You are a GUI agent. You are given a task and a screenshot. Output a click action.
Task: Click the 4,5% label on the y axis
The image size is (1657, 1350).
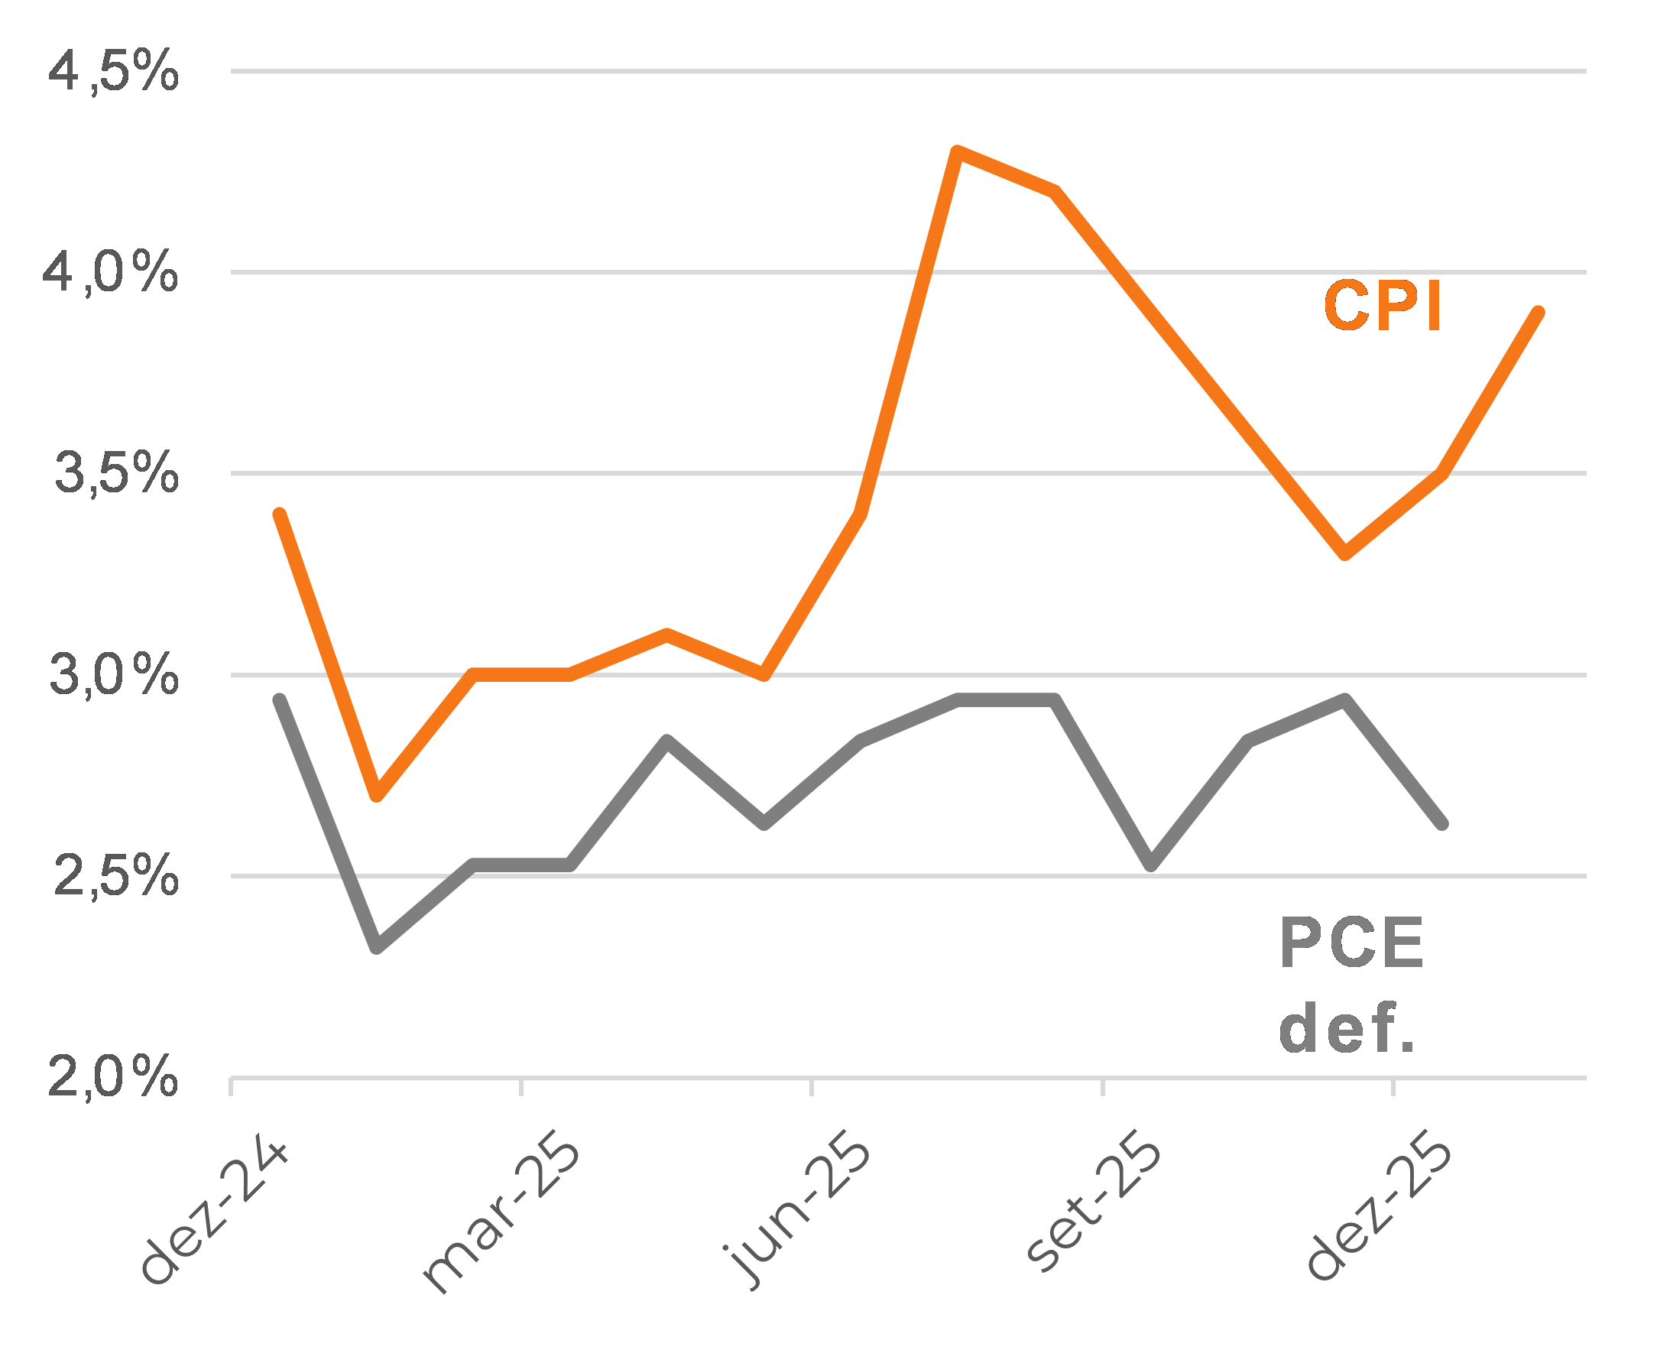tap(114, 73)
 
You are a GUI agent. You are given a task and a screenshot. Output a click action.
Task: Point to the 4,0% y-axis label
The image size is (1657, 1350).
tap(110, 274)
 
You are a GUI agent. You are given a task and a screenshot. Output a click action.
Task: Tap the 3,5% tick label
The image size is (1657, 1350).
tap(117, 474)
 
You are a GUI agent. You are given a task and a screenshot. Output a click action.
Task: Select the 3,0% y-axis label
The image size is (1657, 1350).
tap(114, 675)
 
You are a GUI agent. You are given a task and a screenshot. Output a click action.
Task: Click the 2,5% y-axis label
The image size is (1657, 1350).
tap(116, 876)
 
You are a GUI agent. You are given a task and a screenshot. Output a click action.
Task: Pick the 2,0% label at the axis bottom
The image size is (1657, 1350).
tap(113, 1078)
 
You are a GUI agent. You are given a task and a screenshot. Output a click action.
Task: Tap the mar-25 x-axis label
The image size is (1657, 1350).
tap(501, 1217)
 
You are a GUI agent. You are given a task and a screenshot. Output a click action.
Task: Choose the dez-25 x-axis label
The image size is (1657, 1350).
tap(1379, 1213)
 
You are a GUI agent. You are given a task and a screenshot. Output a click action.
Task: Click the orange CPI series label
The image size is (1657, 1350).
tap(1383, 307)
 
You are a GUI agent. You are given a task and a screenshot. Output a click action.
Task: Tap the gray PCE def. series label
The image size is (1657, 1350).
tap(1351, 985)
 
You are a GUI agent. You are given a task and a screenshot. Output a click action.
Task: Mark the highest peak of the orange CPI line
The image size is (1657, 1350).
tap(958, 151)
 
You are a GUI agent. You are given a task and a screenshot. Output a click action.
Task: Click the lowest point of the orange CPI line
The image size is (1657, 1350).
tap(377, 796)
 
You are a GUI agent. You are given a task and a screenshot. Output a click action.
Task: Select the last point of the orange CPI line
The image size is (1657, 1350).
tap(1538, 313)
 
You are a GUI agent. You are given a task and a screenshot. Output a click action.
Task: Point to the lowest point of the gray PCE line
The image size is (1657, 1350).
tap(377, 947)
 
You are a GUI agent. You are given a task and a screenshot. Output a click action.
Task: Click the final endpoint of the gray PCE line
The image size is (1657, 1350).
tap(1441, 823)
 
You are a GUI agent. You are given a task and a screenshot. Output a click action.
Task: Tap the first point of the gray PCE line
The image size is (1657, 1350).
tap(280, 700)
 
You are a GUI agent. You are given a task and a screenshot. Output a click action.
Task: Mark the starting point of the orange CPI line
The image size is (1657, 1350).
tap(280, 514)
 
